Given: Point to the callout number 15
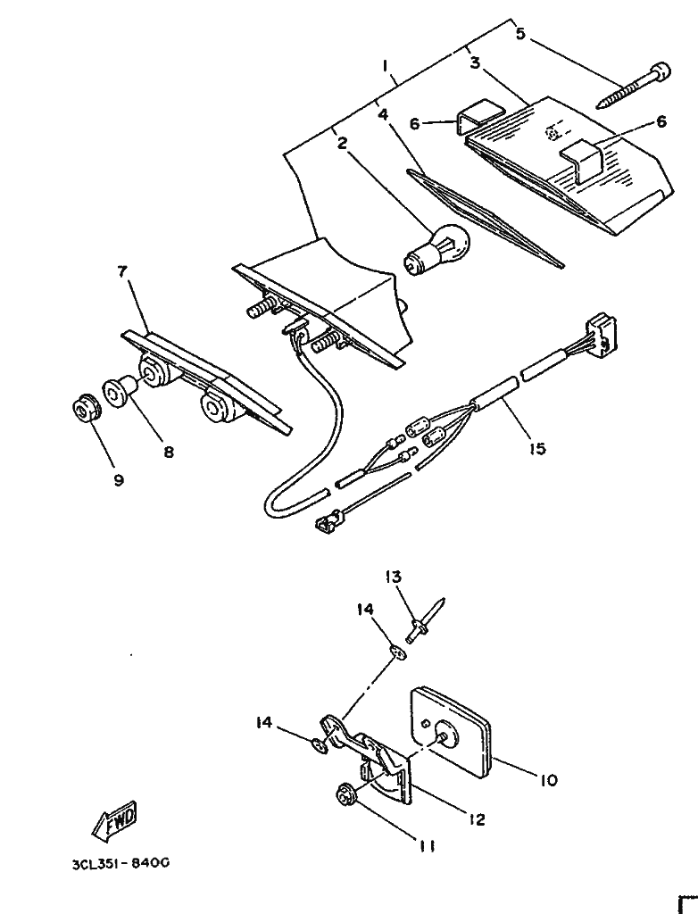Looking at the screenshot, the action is click(x=536, y=449).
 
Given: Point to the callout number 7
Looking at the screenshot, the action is click(x=122, y=272).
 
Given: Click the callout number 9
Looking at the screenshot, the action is click(x=119, y=479).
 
